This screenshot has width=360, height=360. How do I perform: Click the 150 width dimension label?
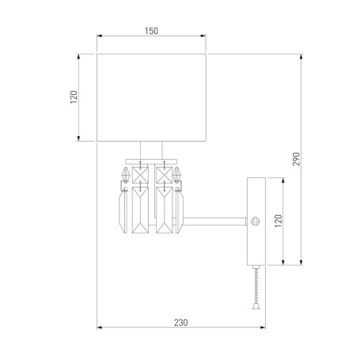point(151,31)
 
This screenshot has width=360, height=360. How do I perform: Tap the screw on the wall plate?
point(255,222)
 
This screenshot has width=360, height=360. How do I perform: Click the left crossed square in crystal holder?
point(141,173)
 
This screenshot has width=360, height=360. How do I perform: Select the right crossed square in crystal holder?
point(164,173)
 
